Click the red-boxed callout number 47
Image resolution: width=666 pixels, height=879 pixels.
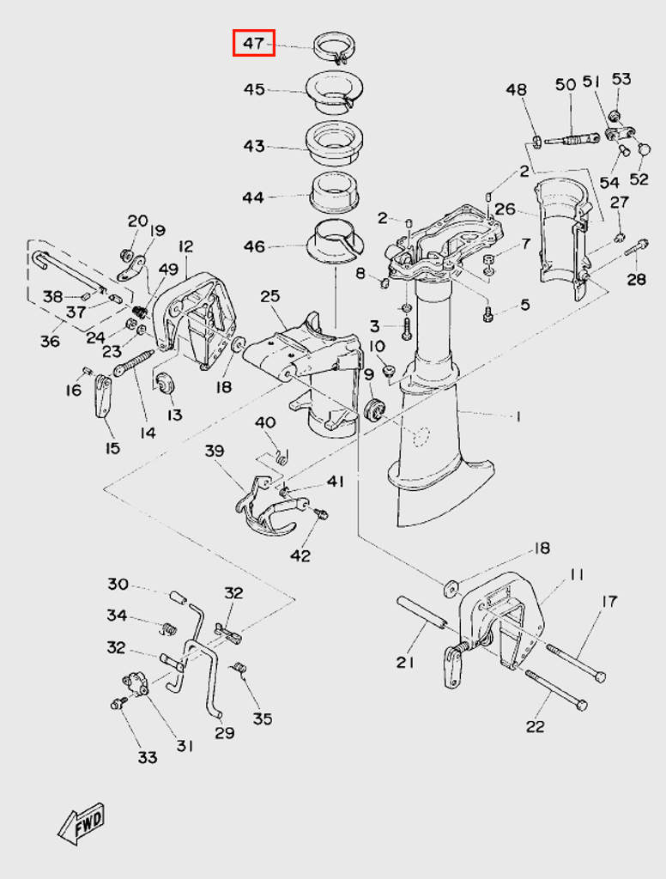click(x=254, y=42)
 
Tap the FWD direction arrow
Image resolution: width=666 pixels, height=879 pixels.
click(x=82, y=821)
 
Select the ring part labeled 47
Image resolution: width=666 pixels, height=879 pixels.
click(x=335, y=47)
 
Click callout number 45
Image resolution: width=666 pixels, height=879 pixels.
click(x=254, y=90)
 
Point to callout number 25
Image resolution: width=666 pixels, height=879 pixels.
click(x=270, y=296)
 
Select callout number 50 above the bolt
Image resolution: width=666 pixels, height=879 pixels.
click(x=566, y=84)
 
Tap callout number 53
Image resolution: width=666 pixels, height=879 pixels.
click(x=621, y=79)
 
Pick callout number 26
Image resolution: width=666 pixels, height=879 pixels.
click(x=505, y=209)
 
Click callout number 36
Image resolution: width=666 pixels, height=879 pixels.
click(x=50, y=341)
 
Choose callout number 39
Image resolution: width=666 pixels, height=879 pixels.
click(x=214, y=451)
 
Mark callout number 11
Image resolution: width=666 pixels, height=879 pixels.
click(x=576, y=574)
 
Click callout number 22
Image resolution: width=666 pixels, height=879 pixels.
click(x=535, y=726)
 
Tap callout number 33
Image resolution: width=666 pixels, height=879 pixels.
click(x=148, y=757)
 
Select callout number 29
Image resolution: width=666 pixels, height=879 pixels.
click(x=224, y=732)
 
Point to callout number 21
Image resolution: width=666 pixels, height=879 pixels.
click(x=406, y=662)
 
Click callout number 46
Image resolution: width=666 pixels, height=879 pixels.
click(x=254, y=247)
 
